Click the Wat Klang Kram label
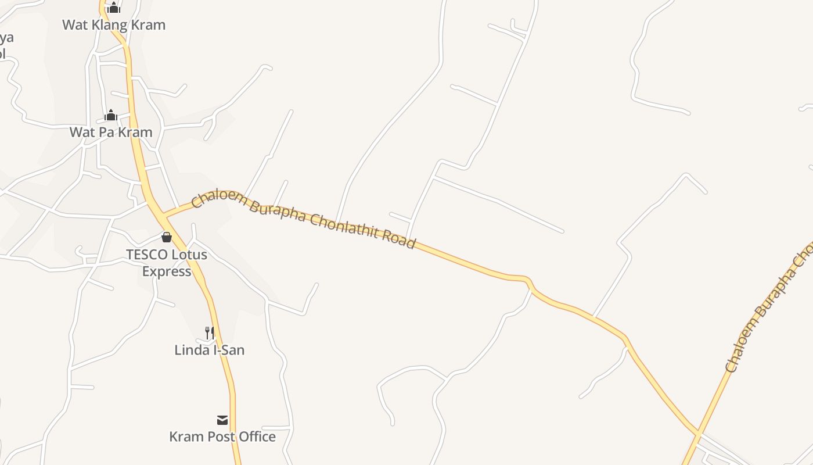point(114,24)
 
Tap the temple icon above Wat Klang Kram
point(114,8)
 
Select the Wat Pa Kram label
point(111,132)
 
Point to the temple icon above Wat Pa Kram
point(111,115)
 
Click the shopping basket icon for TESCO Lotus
point(167,237)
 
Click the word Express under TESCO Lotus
point(167,271)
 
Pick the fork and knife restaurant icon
point(210,332)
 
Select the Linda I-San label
point(210,350)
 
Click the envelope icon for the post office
point(222,420)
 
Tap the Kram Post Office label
point(222,437)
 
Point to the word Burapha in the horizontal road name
point(278,212)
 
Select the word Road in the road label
point(399,238)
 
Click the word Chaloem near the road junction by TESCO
point(218,199)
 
